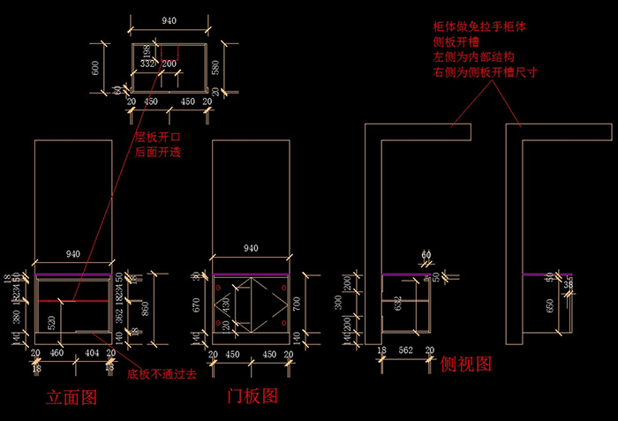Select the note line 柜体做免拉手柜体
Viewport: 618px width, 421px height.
pos(479,28)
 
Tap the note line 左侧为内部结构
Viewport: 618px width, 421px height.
pos(472,57)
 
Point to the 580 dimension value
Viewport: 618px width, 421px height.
pos(217,65)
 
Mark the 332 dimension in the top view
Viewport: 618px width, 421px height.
pos(147,64)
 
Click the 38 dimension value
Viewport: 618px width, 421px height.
pos(569,285)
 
